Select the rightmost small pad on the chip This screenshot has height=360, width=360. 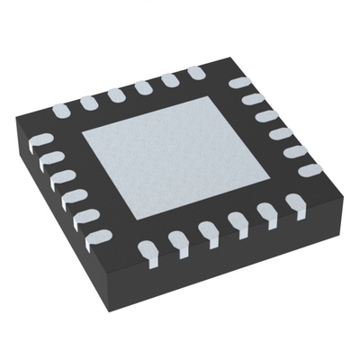[310, 168]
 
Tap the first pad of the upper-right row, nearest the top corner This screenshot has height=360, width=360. [238, 84]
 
